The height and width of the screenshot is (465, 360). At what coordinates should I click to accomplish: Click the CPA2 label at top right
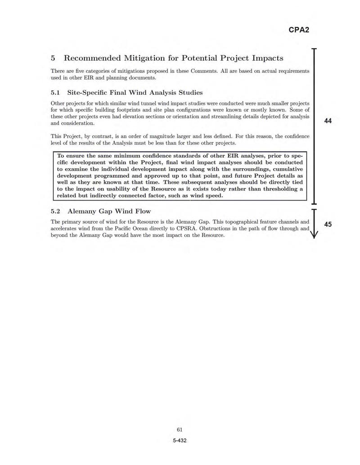(x=299, y=30)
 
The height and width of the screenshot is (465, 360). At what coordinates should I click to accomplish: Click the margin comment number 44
(x=328, y=121)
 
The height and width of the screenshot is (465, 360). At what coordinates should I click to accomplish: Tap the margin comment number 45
(x=328, y=224)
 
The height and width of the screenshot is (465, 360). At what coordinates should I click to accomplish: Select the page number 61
(x=180, y=429)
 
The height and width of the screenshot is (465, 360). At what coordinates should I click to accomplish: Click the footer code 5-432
(x=180, y=440)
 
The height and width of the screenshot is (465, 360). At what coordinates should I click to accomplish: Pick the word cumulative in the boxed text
(x=285, y=169)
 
